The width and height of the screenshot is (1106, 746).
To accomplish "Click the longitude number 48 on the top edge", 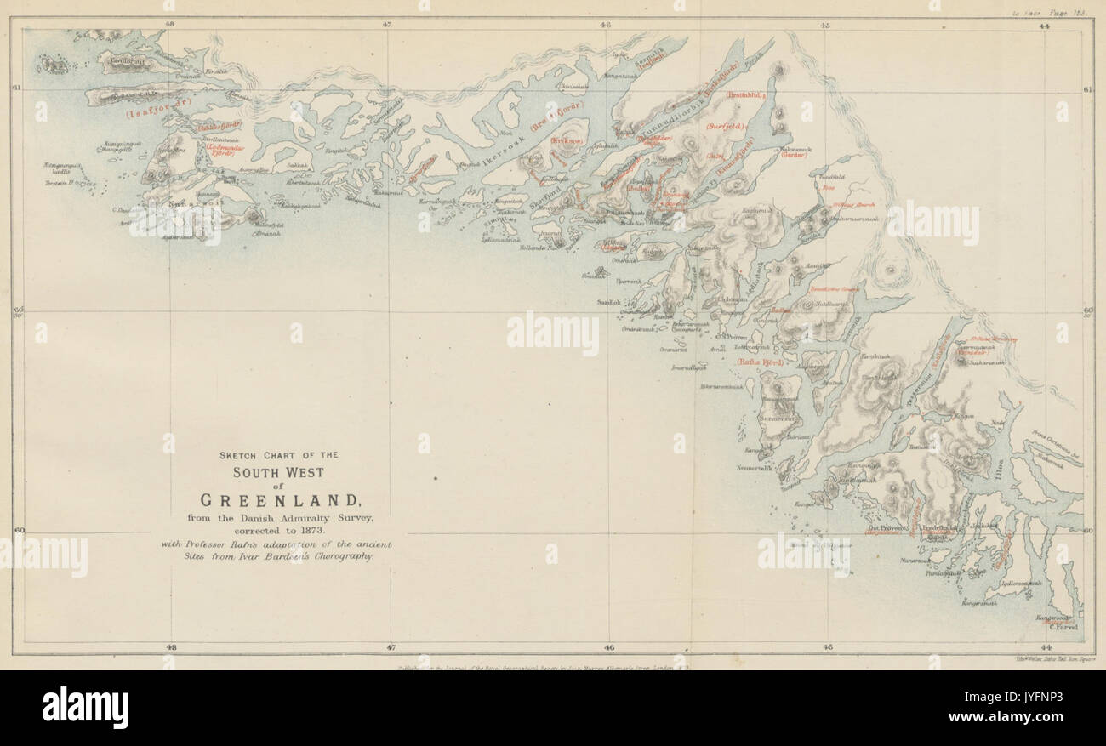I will (169, 25).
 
